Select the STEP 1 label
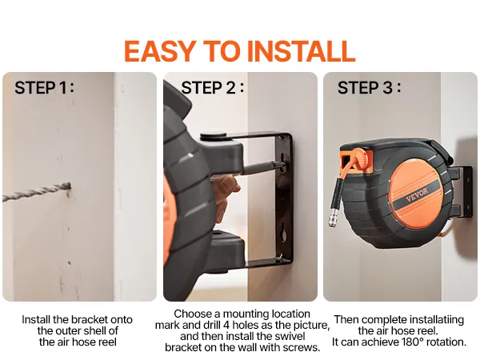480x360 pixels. [44, 87]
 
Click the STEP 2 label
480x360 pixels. [213, 87]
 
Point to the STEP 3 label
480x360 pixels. [369, 87]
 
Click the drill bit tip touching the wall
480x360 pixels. [69, 186]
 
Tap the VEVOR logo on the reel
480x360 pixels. [417, 194]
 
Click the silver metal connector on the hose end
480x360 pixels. [333, 218]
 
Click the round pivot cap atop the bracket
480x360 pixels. [213, 136]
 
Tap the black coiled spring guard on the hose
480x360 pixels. [337, 193]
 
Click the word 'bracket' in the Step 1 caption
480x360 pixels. [90, 319]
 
